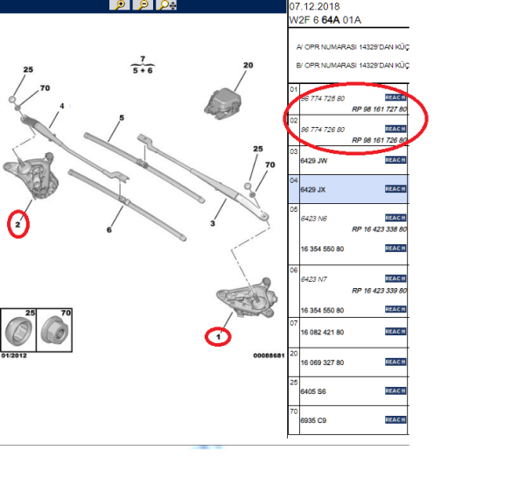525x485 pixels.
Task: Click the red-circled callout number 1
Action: click(219, 336)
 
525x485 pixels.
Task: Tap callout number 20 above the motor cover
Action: click(248, 66)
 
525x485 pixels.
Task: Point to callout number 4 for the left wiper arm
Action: click(62, 107)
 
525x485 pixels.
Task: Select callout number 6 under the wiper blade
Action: click(109, 230)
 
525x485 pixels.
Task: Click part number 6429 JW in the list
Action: click(312, 162)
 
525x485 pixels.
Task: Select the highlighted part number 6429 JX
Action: click(312, 189)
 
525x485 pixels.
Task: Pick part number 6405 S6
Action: click(313, 392)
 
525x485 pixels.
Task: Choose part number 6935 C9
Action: click(313, 420)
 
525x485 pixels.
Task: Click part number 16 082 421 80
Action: click(321, 333)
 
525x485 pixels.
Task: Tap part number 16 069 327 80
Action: click(321, 362)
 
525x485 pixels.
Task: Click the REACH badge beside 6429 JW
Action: click(395, 162)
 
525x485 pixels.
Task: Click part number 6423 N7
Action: click(313, 279)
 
